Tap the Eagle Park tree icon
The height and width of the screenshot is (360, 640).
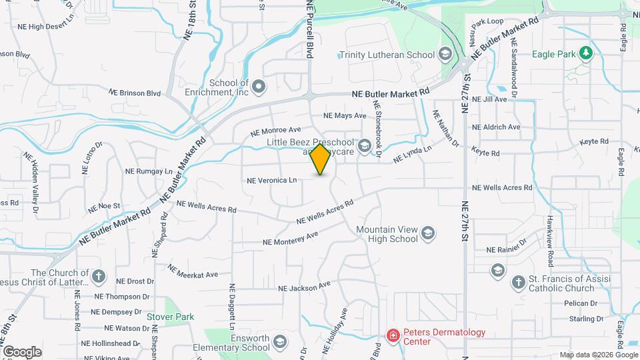tap(586, 53)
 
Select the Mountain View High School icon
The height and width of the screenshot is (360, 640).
tap(428, 233)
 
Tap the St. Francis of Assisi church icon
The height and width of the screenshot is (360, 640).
tap(518, 283)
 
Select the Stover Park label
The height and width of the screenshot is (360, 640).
tap(170, 317)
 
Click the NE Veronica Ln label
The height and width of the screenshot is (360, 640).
tap(271, 180)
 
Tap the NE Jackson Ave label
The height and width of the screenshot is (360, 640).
tap(304, 287)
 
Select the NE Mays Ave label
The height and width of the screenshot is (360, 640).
tap(345, 115)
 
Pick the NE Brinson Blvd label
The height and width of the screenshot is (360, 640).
tap(135, 93)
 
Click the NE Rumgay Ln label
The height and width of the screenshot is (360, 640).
tap(154, 171)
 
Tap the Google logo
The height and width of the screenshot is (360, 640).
tap(22, 351)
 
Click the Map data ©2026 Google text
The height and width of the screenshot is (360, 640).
tap(598, 355)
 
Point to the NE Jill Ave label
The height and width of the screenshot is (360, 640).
tap(489, 99)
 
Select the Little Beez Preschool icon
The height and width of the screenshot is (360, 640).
tap(365, 145)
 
